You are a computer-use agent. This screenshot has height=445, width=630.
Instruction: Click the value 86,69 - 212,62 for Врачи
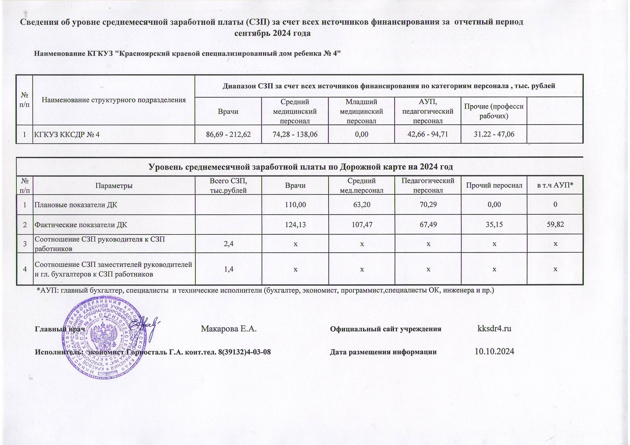pyautogui.click(x=228, y=135)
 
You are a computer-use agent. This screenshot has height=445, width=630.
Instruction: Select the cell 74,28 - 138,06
pyautogui.click(x=295, y=135)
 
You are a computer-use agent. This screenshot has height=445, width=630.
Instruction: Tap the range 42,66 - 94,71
pyautogui.click(x=427, y=135)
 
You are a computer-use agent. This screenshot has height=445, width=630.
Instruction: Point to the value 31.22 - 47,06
pyautogui.click(x=494, y=135)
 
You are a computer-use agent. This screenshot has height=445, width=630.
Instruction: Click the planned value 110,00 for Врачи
pyautogui.click(x=295, y=205)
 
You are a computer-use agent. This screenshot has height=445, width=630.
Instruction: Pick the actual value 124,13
pyautogui.click(x=295, y=225)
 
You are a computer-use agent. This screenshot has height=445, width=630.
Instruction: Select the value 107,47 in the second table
pyautogui.click(x=362, y=225)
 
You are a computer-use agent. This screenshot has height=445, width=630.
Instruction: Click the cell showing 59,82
pyautogui.click(x=555, y=225)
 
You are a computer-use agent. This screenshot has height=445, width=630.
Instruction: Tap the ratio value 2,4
pyautogui.click(x=228, y=244)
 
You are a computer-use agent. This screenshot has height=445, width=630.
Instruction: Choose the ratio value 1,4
pyautogui.click(x=228, y=269)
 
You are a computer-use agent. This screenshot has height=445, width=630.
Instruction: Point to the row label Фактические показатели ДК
pyautogui.click(x=81, y=225)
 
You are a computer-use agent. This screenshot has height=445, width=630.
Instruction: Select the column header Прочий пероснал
pyautogui.click(x=494, y=186)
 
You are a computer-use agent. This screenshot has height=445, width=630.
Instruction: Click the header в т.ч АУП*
pyautogui.click(x=555, y=186)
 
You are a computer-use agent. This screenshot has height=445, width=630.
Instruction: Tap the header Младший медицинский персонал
pyautogui.click(x=362, y=111)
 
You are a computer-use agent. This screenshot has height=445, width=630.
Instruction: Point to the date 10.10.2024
pyautogui.click(x=494, y=352)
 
